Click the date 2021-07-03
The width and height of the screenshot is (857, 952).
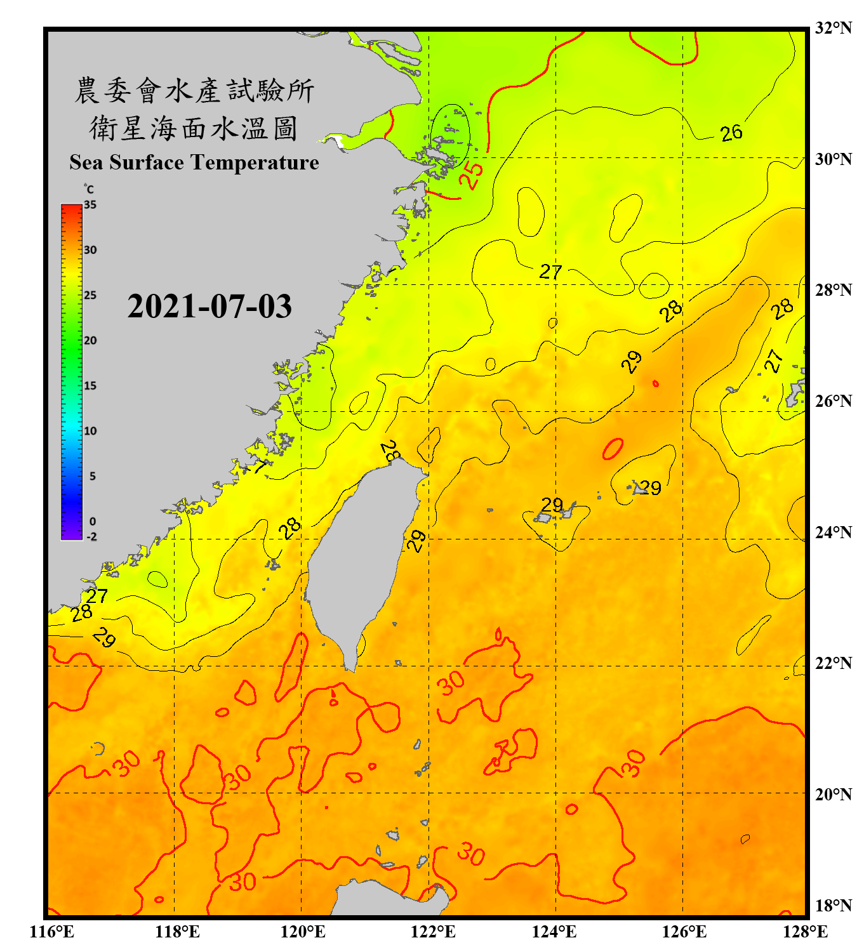coord(209,307)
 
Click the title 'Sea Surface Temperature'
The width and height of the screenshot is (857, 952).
coord(194,162)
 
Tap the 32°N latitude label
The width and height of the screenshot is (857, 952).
coord(833,28)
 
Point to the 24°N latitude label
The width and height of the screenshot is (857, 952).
coord(833,532)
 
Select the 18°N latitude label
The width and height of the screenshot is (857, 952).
coord(833,905)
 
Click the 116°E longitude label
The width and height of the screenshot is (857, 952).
coord(52,932)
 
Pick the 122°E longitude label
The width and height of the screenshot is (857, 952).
coord(433,932)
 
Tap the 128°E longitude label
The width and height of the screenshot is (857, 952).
coord(805,932)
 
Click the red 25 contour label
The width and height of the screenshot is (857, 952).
coord(471,175)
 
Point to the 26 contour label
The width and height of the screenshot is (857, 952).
coord(731,133)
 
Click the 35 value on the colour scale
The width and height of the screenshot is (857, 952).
coord(90,205)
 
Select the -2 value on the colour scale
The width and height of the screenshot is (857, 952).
coord(91,537)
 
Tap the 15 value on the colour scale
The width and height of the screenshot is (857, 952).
coord(90,386)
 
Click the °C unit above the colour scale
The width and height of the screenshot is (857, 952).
coord(89,189)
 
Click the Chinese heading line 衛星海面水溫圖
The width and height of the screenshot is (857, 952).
coord(194,128)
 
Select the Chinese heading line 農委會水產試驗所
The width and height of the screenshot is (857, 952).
coord(194,91)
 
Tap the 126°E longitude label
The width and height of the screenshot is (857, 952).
coord(684,932)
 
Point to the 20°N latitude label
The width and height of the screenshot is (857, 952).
coord(833,794)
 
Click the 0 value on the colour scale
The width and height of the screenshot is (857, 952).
coord(93,522)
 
